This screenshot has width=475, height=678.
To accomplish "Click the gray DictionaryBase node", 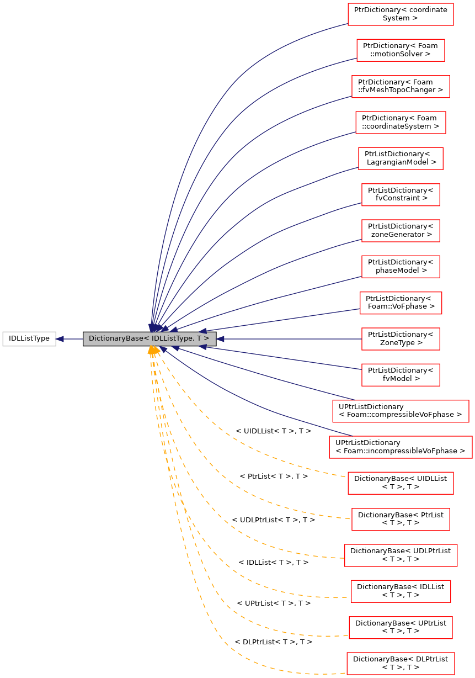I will (x=150, y=339).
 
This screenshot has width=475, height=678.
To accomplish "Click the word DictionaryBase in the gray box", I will (x=116, y=338).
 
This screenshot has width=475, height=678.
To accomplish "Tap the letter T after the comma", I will (x=199, y=338).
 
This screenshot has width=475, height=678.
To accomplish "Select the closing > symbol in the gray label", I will (x=207, y=338).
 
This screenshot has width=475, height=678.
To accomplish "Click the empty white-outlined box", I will (x=29, y=339).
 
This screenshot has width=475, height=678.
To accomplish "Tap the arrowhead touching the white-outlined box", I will (x=60, y=339).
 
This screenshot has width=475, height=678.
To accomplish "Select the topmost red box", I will (x=401, y=14).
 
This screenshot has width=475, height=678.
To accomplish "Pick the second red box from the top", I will (x=401, y=50).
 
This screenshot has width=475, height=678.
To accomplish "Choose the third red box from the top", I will (x=401, y=87).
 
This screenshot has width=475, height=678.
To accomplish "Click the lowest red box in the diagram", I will (x=401, y=664).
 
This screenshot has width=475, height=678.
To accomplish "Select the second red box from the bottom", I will (x=401, y=628).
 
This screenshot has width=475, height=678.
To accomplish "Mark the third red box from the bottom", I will (x=401, y=591).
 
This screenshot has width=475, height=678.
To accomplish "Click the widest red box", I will (x=401, y=447).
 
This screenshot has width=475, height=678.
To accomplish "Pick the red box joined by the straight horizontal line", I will (x=401, y=339).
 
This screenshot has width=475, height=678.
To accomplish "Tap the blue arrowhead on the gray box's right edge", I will (x=220, y=339).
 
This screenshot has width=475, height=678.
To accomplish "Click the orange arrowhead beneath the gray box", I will (x=153, y=351).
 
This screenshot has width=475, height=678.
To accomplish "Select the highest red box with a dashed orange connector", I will (x=401, y=483).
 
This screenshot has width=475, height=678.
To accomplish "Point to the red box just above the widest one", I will (x=401, y=411).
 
